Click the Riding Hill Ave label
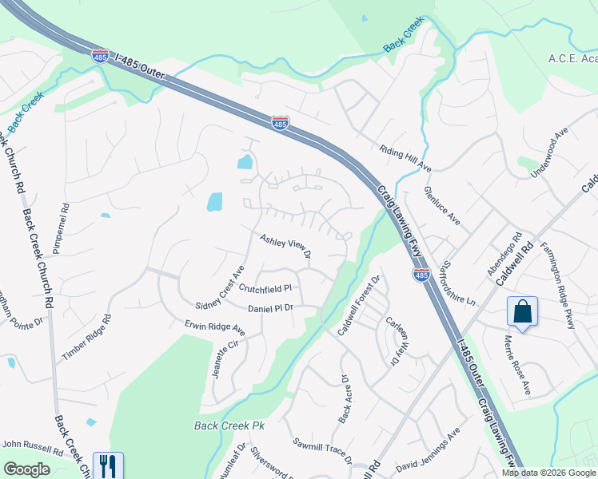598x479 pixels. [x=405, y=157]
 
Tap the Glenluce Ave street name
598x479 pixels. [x=442, y=206]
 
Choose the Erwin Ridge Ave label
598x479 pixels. [x=214, y=327]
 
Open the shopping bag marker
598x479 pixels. [x=522, y=311]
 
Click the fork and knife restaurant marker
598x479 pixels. [x=107, y=465]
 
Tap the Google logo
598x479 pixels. [x=27, y=469]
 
